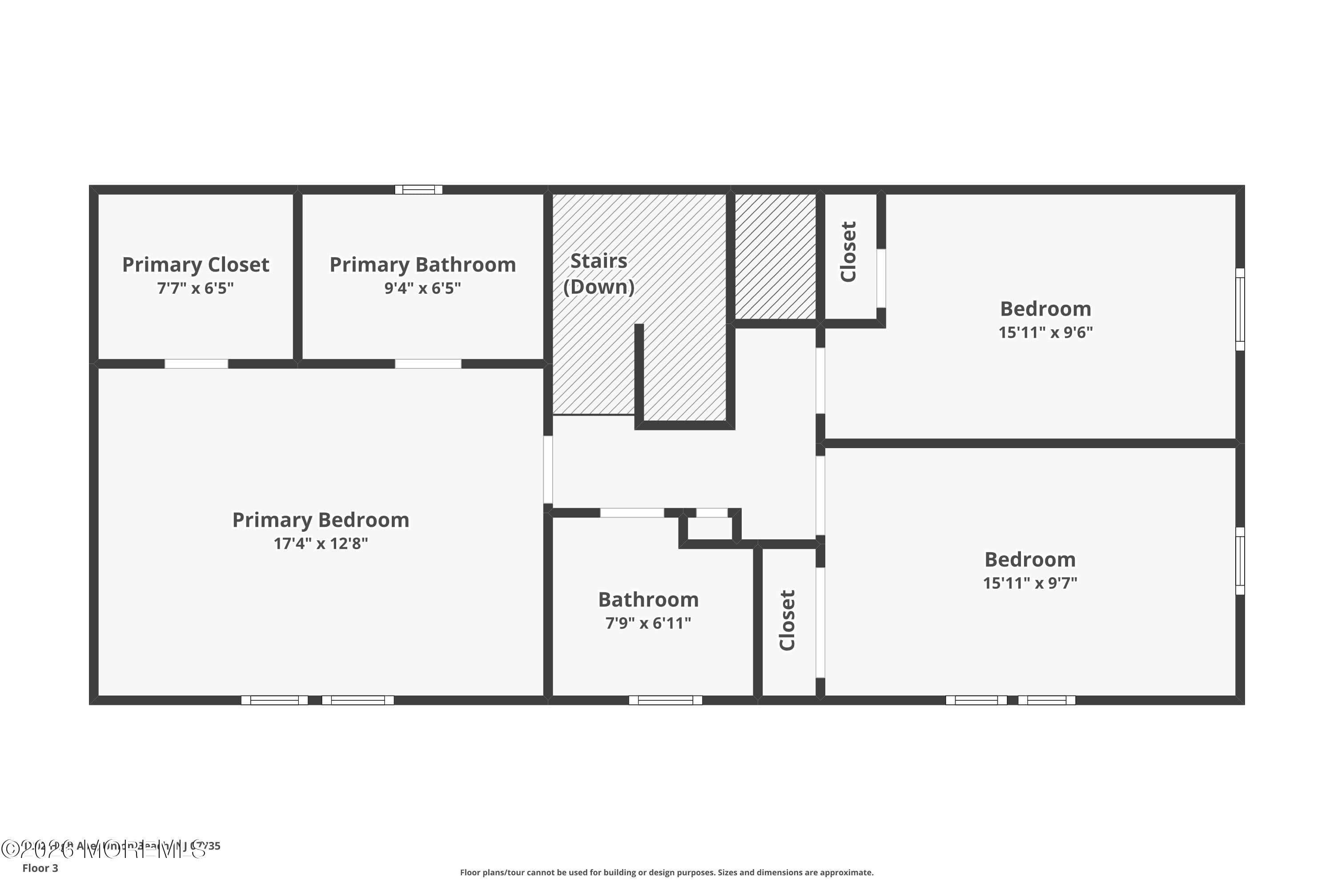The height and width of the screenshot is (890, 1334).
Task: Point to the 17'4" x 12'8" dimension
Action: click(x=321, y=544)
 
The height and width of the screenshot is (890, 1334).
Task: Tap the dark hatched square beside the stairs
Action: click(x=775, y=257)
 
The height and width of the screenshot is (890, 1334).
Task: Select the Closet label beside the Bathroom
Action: click(x=787, y=620)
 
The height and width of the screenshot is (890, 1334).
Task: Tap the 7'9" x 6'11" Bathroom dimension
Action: click(x=648, y=623)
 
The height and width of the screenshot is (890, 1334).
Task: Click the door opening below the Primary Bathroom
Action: click(x=428, y=364)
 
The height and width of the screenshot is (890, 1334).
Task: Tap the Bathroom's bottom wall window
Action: click(x=665, y=700)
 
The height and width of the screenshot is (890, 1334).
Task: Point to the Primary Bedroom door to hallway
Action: click(x=548, y=469)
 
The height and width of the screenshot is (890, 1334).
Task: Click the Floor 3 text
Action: click(x=40, y=868)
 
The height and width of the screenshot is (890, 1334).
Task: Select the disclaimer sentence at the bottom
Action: click(x=667, y=872)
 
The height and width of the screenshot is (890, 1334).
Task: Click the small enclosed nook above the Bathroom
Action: click(x=710, y=528)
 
